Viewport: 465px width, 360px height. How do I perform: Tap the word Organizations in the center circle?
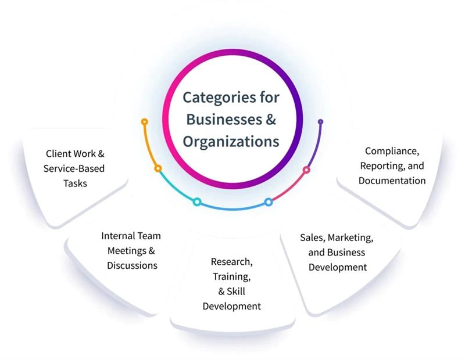pyautogui.click(x=231, y=141)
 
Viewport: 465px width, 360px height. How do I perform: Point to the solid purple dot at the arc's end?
pyautogui.click(x=320, y=121)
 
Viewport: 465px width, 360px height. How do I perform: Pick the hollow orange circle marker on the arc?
pyautogui.click(x=158, y=168)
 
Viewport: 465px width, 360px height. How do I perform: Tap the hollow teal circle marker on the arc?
pyautogui.click(x=197, y=201)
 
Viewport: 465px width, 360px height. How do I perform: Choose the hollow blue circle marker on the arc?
pyautogui.click(x=268, y=201)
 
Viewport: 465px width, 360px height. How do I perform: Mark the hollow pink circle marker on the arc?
pyautogui.click(x=306, y=170)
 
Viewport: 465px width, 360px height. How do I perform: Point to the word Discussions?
pyautogui.click(x=132, y=265)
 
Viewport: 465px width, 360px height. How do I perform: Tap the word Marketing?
pyautogui.click(x=353, y=237)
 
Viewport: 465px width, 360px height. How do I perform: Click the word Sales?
pyautogui.click(x=312, y=237)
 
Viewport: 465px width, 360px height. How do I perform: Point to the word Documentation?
pyautogui.click(x=392, y=181)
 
